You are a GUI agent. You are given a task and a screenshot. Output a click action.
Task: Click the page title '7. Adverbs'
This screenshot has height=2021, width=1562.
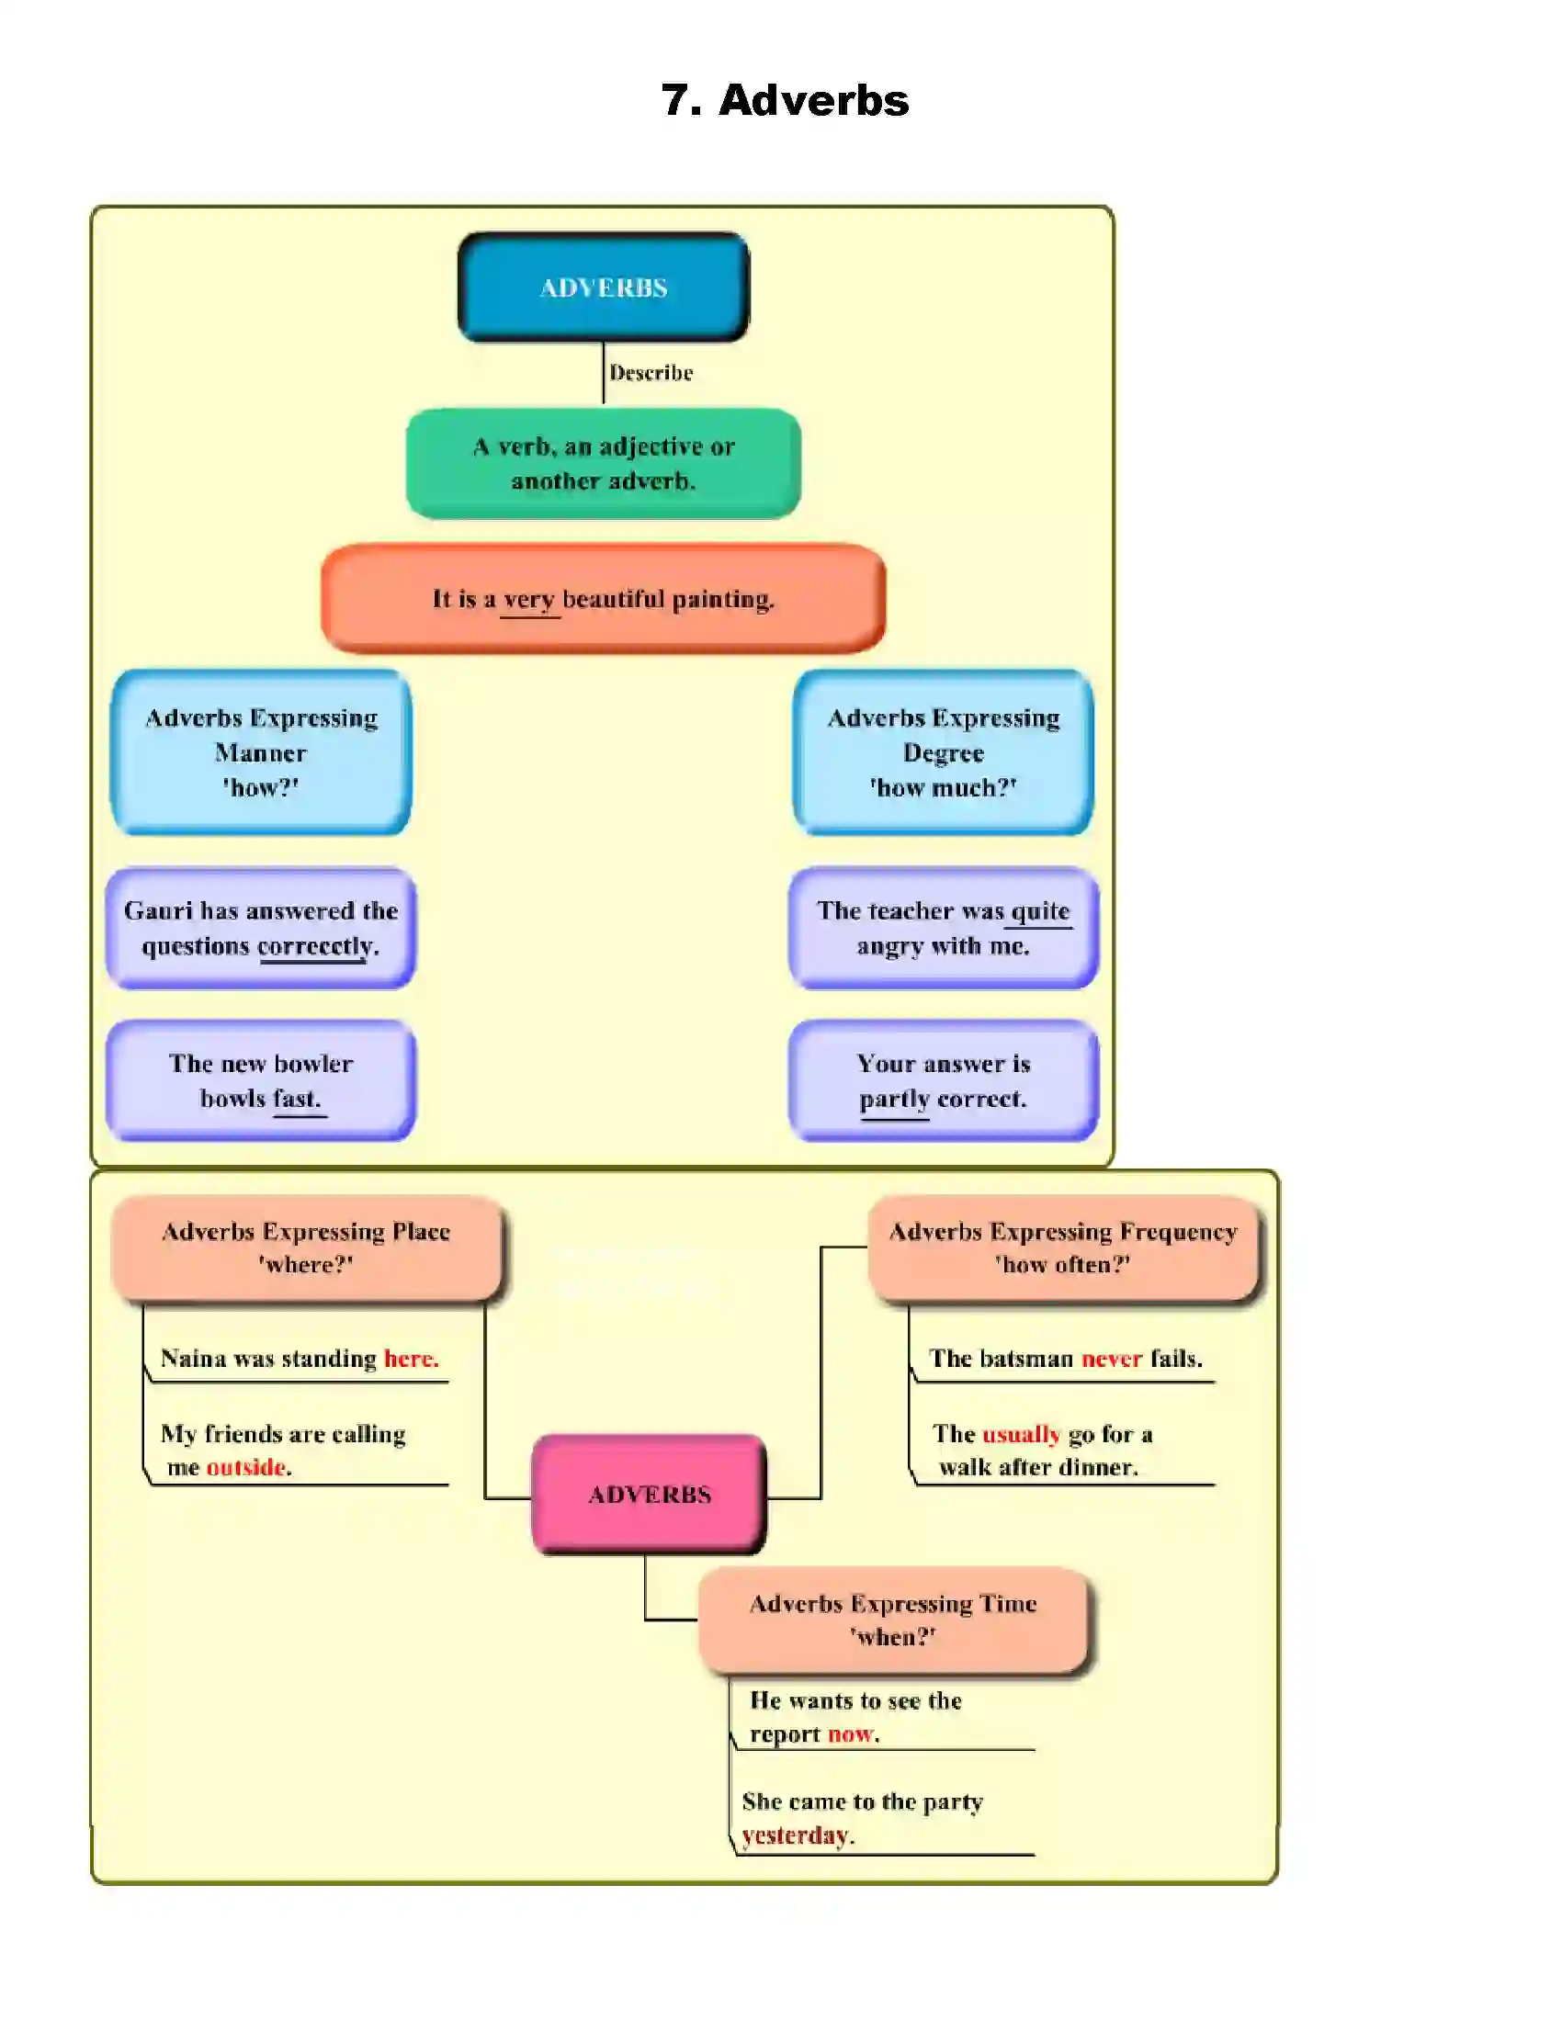(x=785, y=100)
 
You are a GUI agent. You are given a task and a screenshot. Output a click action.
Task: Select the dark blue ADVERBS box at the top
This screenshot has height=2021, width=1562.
(x=604, y=287)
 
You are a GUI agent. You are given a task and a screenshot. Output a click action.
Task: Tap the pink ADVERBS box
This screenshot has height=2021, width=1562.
(x=649, y=1494)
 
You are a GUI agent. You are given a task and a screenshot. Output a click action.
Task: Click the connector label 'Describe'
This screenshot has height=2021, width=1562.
(x=651, y=372)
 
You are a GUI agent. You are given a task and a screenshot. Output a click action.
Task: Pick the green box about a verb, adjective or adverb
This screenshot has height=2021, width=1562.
(x=604, y=463)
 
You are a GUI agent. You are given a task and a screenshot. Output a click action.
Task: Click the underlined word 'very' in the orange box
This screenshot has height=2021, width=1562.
(x=529, y=600)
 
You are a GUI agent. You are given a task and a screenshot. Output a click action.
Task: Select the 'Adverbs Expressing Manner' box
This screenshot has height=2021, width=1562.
(x=261, y=751)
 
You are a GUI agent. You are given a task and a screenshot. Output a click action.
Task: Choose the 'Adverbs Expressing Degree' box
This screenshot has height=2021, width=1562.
(x=943, y=751)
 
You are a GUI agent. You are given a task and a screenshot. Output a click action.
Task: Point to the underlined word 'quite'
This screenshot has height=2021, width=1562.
(x=1040, y=911)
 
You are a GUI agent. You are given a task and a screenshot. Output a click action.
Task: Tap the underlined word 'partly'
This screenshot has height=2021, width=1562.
(x=894, y=1099)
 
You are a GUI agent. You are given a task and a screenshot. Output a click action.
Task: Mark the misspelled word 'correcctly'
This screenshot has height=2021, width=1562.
(x=315, y=945)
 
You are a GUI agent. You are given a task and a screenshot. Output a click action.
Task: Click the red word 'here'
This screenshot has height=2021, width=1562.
(x=410, y=1358)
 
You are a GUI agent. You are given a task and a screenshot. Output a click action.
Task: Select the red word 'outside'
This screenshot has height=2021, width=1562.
(x=245, y=1467)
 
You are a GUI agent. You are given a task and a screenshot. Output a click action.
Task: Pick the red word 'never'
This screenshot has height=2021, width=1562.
(x=1112, y=1358)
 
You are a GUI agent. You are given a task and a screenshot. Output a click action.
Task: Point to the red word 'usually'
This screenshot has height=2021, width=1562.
(x=1021, y=1433)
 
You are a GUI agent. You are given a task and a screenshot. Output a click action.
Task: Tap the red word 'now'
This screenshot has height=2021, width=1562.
(x=850, y=1733)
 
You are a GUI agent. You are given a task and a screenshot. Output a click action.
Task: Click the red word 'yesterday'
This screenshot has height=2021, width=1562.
(x=795, y=1835)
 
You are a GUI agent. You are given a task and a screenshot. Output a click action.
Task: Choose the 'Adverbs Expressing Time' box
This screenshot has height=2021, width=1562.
(x=892, y=1620)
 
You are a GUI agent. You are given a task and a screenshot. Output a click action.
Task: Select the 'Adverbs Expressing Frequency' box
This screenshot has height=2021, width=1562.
(x=1062, y=1248)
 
